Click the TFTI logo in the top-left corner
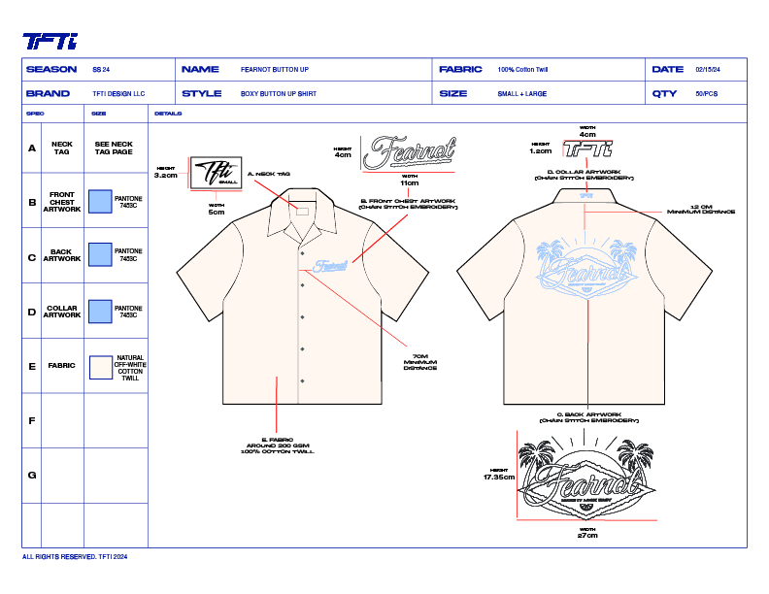50,41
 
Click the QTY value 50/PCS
706,94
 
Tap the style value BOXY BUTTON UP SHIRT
279,94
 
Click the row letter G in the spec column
32,475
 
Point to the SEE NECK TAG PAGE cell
115,148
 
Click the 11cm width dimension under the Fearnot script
409,182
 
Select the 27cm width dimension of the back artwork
587,535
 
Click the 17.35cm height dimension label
499,478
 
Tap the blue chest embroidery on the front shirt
330,263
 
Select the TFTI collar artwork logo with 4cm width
588,150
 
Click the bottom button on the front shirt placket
303,379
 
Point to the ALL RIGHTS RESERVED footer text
75,557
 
